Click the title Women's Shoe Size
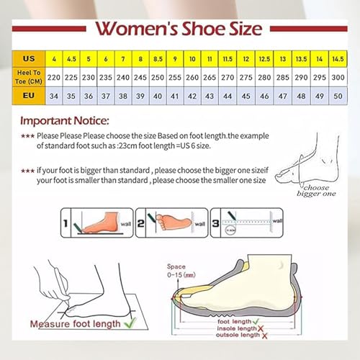[x=179, y=29]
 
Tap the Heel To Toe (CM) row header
[x=28, y=76]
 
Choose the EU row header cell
[x=28, y=94]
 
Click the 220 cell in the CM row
[x=54, y=76]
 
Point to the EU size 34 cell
[x=54, y=94]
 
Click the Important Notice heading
[x=65, y=120]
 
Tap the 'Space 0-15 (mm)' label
[x=180, y=270]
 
